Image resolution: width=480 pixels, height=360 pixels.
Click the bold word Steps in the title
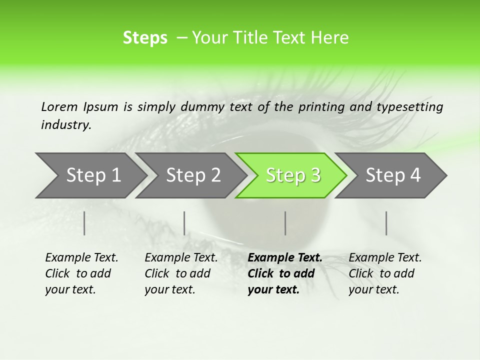coord(145,38)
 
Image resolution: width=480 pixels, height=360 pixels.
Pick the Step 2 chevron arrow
coord(192,175)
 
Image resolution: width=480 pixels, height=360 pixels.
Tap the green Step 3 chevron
coord(292,175)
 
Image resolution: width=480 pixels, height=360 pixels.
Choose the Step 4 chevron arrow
coord(392,175)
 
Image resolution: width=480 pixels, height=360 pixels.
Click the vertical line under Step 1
coord(84,223)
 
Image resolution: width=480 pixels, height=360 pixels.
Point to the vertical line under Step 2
coord(184,223)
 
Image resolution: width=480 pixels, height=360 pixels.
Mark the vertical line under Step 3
coord(285,223)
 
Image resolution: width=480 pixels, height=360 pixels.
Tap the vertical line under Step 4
coord(386,223)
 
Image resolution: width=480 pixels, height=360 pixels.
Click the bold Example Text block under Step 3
coord(285,273)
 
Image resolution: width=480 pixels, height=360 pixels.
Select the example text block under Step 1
coord(81,273)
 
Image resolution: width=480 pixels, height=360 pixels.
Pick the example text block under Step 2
coord(181,273)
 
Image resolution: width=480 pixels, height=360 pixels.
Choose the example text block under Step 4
coord(385,273)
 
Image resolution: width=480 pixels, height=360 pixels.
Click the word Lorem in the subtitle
coord(59,106)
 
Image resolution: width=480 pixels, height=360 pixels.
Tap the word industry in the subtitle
coord(65,125)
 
